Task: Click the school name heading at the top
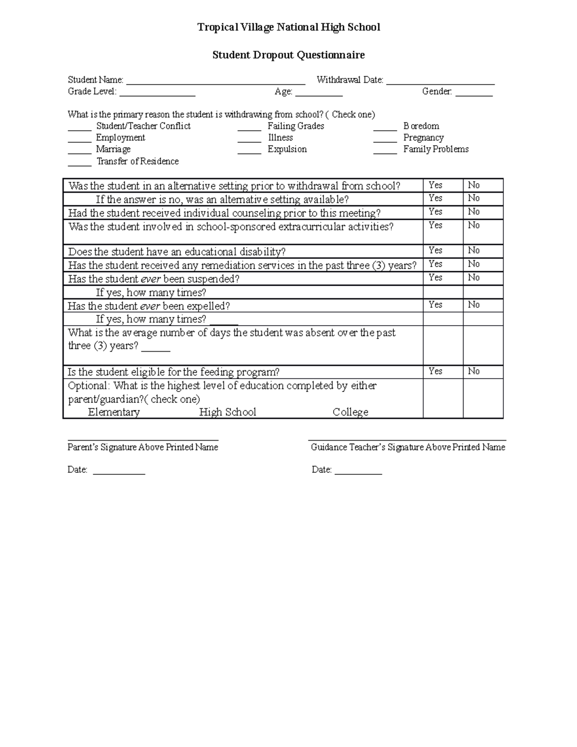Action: coord(288,27)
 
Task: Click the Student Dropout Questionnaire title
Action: coord(288,55)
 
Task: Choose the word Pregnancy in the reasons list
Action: coord(423,138)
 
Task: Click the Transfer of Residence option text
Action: coord(138,162)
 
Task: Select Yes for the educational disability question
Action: coord(436,250)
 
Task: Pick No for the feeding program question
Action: coord(474,371)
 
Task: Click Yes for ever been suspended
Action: coord(436,278)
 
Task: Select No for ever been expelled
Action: coord(474,304)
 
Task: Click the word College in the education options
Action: coord(351,412)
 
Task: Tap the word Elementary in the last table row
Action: coord(114,412)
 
